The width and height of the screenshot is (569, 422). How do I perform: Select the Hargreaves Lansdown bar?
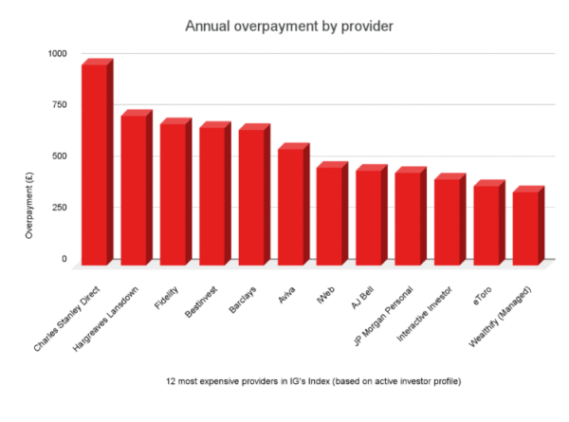pyautogui.click(x=134, y=189)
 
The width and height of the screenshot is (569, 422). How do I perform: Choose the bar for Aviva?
pyautogui.click(x=291, y=206)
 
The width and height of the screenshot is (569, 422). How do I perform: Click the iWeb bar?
pyautogui.click(x=330, y=215)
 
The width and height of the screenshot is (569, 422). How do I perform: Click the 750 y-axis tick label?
pyautogui.click(x=60, y=104)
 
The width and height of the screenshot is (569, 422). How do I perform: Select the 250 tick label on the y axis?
pyautogui.click(x=60, y=207)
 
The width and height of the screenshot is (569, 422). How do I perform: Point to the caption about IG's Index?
pyautogui.click(x=285, y=381)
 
